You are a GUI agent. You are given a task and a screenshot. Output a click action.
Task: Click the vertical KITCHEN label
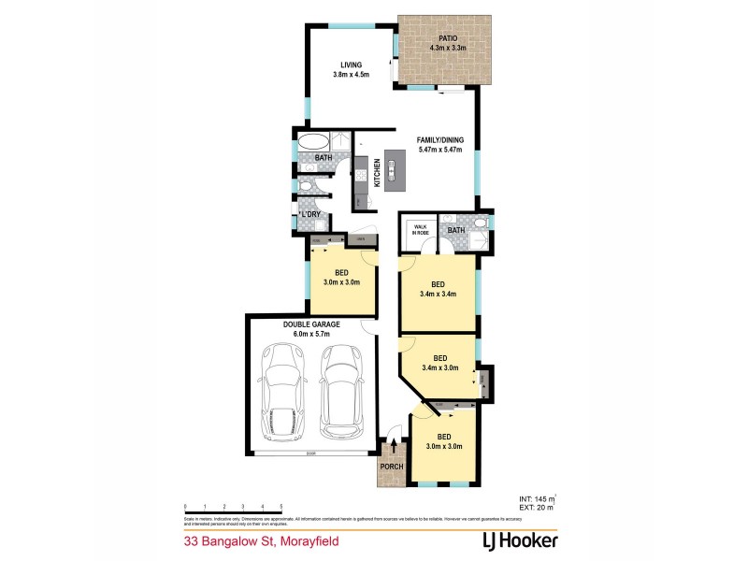(378, 172)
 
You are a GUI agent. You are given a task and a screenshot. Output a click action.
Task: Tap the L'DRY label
(310, 215)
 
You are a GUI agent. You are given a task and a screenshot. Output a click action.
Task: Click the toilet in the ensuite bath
(478, 223)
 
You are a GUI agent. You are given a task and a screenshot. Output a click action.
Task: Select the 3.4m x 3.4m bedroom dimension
(439, 295)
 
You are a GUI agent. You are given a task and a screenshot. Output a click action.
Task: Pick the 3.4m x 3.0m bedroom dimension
(439, 367)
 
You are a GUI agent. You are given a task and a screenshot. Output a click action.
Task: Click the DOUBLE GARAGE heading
(311, 324)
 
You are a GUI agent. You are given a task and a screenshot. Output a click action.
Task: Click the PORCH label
(391, 468)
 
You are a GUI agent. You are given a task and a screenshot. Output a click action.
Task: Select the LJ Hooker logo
(506, 539)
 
